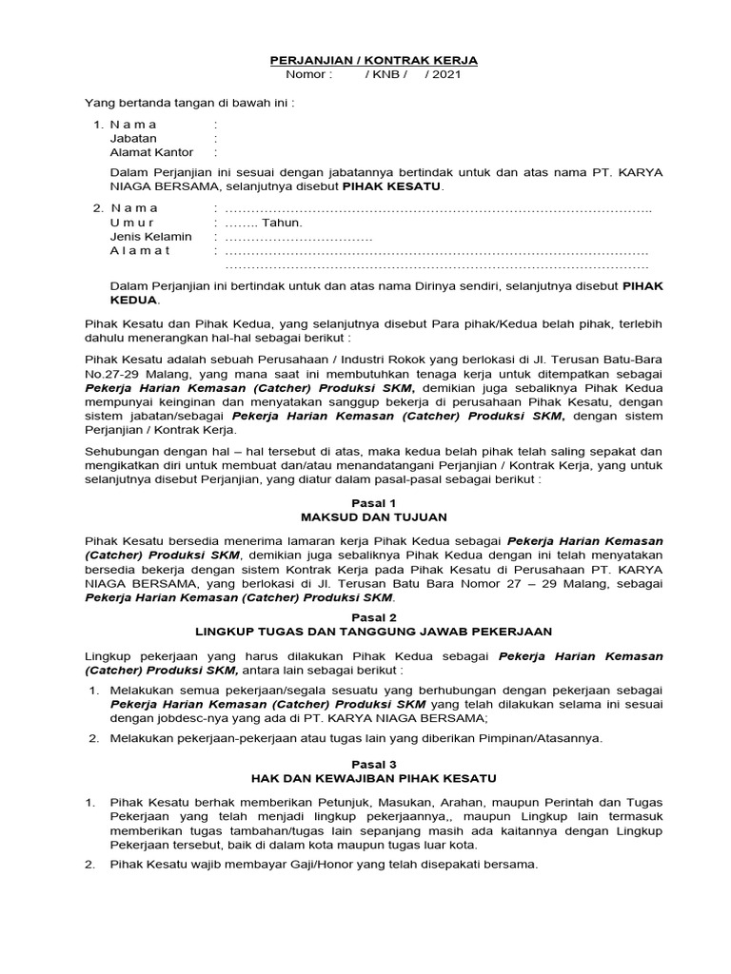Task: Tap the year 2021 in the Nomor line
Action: click(x=445, y=74)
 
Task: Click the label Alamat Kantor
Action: click(x=151, y=152)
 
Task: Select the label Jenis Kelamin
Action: click(x=151, y=236)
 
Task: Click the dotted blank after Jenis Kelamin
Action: click(x=299, y=237)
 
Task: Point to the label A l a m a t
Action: click(x=140, y=250)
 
